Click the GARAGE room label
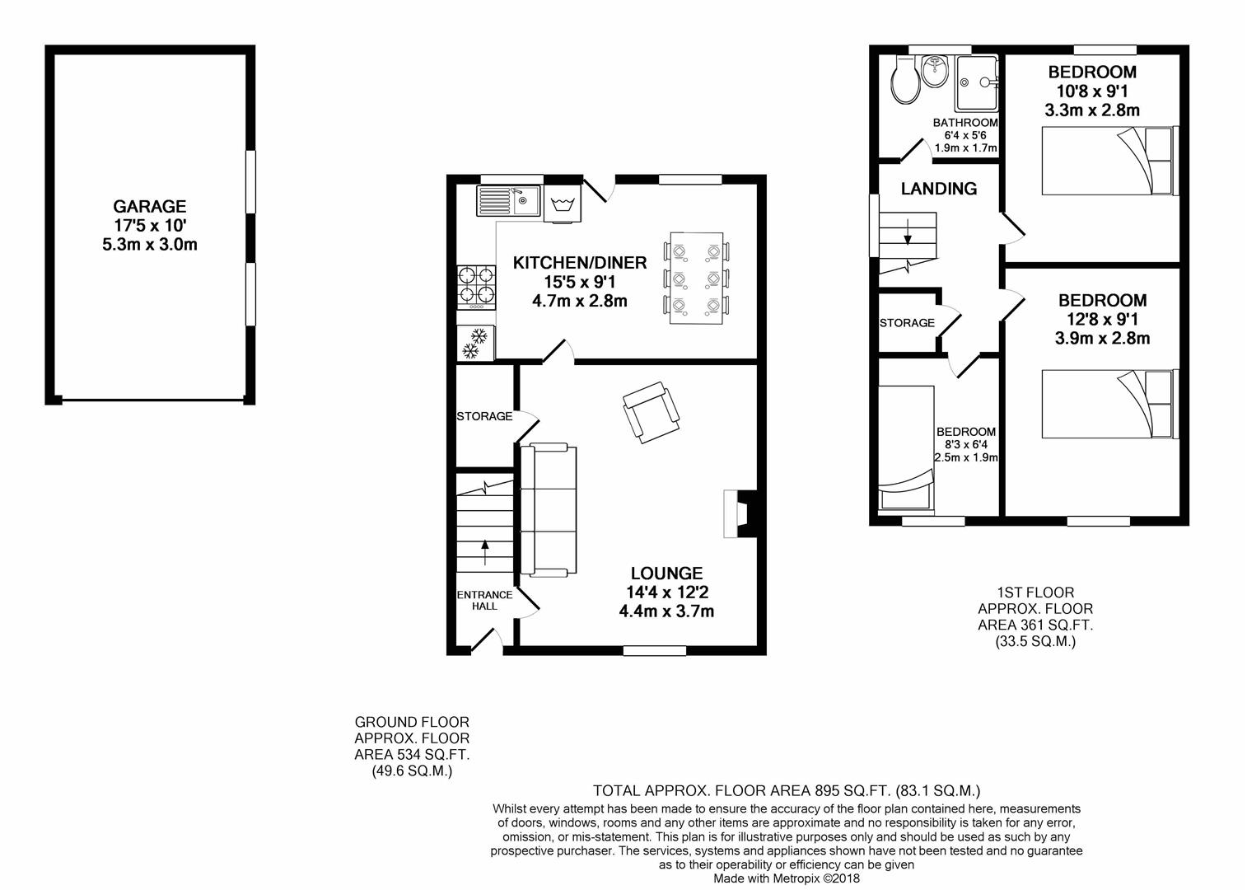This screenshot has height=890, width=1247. [x=150, y=207]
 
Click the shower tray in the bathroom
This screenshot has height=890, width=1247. [x=977, y=82]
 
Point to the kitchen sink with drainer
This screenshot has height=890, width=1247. [x=508, y=200]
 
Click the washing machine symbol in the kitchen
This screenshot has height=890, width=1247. [x=562, y=204]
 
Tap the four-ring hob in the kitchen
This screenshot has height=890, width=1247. [x=477, y=287]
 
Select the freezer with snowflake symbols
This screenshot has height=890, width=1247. [x=475, y=343]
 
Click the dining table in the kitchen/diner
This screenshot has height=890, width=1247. [x=697, y=278]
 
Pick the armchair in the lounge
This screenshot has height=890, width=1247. [x=652, y=412]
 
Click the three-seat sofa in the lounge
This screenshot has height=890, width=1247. [x=548, y=509]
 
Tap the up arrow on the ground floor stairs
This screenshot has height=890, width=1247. [x=485, y=552]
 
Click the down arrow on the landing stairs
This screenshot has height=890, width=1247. [x=908, y=232]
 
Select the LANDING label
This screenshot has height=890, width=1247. [x=939, y=189]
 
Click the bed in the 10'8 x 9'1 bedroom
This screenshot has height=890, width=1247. [x=1110, y=161]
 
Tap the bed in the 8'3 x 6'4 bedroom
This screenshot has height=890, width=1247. [x=906, y=447]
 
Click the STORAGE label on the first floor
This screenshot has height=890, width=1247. [x=907, y=323]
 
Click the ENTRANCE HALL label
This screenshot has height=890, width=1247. [x=484, y=601]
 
